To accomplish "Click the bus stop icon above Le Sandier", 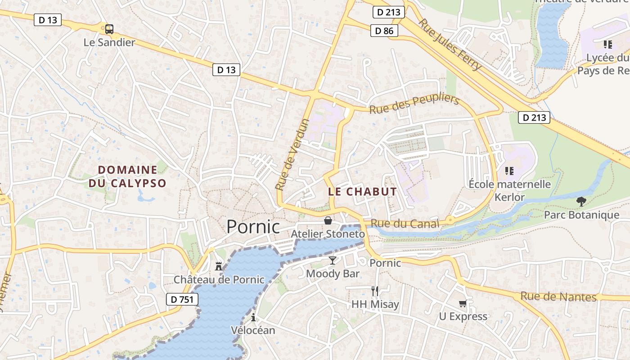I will [109, 29].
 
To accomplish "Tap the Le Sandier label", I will [109, 43].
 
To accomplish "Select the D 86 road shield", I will [384, 31].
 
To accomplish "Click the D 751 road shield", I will [182, 299].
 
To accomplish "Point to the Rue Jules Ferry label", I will [450, 45].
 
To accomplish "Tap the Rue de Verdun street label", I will [292, 154].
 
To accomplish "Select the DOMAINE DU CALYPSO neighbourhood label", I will [127, 176].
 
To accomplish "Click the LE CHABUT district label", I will [362, 192].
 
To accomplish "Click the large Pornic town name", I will [253, 226].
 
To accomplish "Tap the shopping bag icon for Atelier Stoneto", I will [328, 221].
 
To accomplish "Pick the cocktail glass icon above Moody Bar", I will [333, 261].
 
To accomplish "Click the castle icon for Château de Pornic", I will [219, 266].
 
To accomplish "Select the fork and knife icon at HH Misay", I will [375, 291].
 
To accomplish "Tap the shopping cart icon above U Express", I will [463, 304].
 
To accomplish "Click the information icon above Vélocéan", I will [253, 318].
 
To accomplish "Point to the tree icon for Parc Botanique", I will [581, 202].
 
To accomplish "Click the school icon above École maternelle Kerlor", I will [509, 171].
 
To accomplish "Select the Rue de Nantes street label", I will [558, 297].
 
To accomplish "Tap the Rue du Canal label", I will [405, 224].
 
